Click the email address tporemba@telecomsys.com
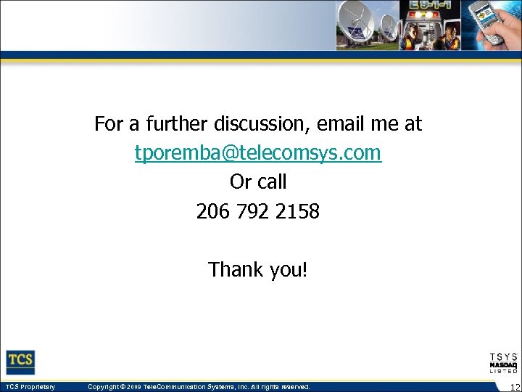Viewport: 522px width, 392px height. (x=257, y=153)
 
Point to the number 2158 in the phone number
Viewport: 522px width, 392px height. (x=297, y=212)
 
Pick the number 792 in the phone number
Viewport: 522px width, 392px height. (x=254, y=212)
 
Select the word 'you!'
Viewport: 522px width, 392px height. (x=289, y=270)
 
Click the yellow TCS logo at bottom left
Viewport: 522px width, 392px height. (x=21, y=362)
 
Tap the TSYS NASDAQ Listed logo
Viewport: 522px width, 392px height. (x=503, y=362)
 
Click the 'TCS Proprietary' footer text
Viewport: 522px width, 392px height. (x=30, y=387)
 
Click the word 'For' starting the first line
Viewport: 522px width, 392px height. (x=109, y=124)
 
